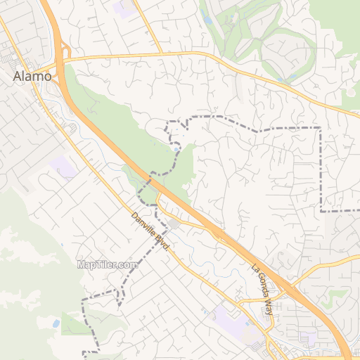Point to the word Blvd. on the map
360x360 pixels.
[163, 245]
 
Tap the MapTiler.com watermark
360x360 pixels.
[108, 265]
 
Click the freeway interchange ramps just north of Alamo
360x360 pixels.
[65, 51]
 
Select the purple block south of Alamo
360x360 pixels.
[63, 168]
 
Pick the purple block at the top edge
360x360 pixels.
[126, 7]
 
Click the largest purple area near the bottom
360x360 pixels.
[232, 320]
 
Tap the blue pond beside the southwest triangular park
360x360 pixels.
[56, 323]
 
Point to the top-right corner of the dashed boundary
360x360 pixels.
[321, 127]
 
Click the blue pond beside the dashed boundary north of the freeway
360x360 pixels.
[175, 148]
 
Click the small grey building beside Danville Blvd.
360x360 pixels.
[174, 224]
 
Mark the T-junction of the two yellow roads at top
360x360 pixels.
[161, 53]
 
